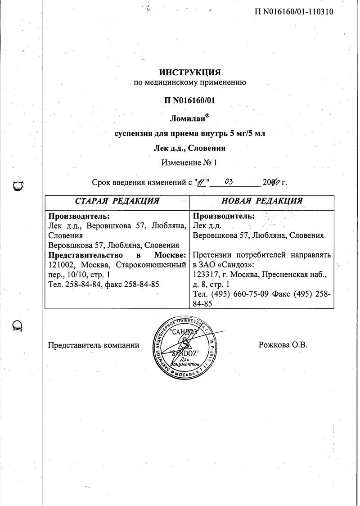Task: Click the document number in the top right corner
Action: [294, 12]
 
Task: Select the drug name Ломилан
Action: [188, 119]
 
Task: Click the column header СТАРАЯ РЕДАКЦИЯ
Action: [116, 201]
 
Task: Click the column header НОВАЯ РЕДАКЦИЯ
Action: [262, 201]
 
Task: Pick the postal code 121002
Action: [63, 265]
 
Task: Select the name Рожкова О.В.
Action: [283, 345]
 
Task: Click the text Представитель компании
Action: [93, 345]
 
